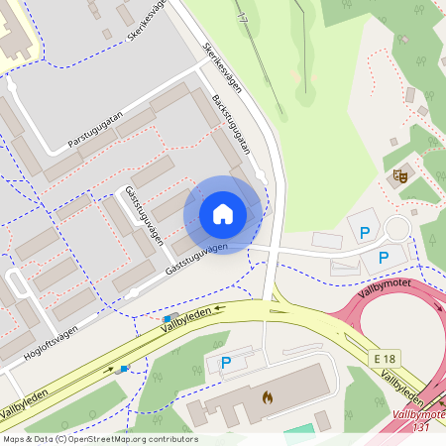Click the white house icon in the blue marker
point(223,214)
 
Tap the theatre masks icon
point(401,174)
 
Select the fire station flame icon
point(266,396)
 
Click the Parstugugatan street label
point(94,130)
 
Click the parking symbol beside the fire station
point(225,365)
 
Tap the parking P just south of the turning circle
point(382,257)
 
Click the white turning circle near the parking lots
point(397,229)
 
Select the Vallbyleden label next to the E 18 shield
point(403,381)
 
